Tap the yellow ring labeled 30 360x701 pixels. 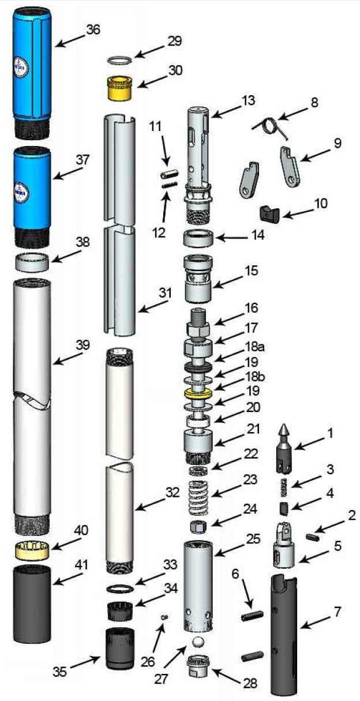tap(122, 87)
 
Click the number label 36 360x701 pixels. tap(93, 30)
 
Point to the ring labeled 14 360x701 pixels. tap(199, 237)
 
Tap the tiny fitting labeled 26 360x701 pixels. tap(164, 617)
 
